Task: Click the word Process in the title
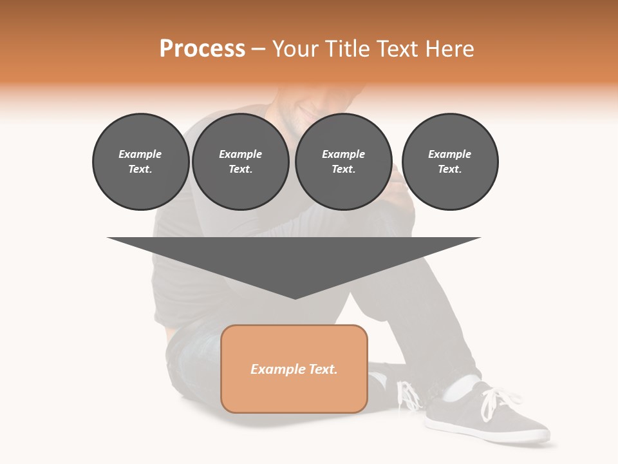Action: tap(202, 49)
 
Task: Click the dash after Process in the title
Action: tap(259, 50)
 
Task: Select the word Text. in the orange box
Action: tap(322, 369)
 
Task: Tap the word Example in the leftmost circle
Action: tap(140, 154)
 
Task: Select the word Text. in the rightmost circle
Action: tap(450, 169)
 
